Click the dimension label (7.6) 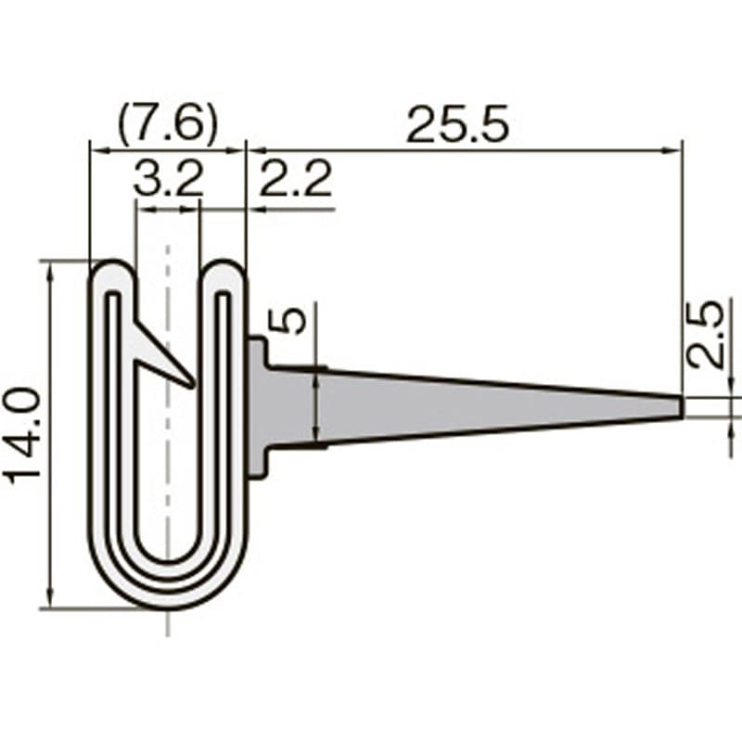pyautogui.click(x=167, y=124)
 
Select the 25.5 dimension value pyautogui.click(x=457, y=124)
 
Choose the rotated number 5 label pyautogui.click(x=289, y=321)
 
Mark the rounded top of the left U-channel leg pyautogui.click(x=113, y=269)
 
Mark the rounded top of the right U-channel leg pyautogui.click(x=224, y=269)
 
